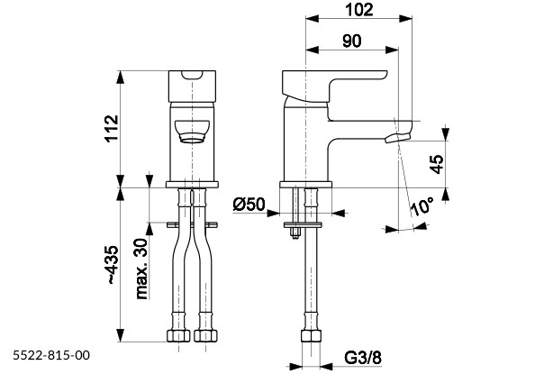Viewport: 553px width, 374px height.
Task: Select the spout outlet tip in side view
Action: [x=397, y=137]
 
